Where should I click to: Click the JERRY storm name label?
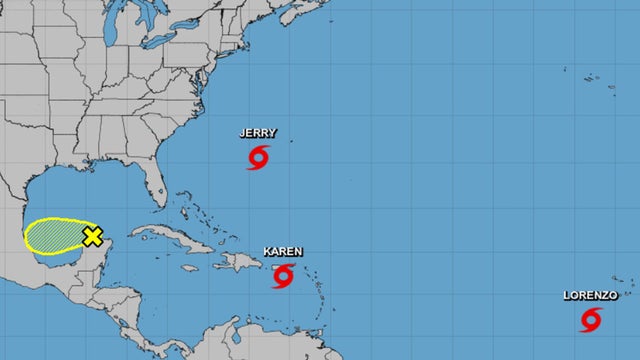[x=259, y=132]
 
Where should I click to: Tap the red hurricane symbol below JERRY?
[x=259, y=157]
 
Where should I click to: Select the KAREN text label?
[x=283, y=251]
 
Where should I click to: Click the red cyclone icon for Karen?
[x=284, y=275]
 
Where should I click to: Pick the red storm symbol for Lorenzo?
[x=592, y=319]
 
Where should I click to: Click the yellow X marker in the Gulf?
[x=93, y=236]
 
